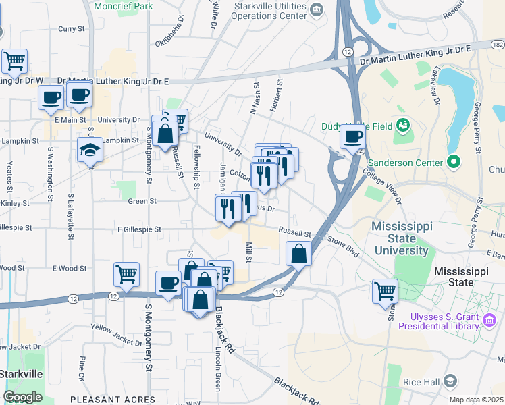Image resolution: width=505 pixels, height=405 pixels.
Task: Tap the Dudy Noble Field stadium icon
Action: click(x=404, y=124)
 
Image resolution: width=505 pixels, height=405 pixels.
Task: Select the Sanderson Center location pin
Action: click(x=454, y=162)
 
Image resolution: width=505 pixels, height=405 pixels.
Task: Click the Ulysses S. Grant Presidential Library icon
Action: click(x=490, y=321)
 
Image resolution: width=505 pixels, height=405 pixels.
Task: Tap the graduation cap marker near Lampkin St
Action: click(x=89, y=151)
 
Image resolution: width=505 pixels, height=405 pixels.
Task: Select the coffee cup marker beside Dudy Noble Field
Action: click(x=351, y=137)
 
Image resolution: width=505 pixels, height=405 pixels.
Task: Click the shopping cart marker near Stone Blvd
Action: click(x=385, y=291)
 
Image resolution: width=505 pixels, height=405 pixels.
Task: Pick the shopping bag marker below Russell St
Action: click(x=298, y=254)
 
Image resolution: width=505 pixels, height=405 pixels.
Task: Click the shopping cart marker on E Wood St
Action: click(x=126, y=274)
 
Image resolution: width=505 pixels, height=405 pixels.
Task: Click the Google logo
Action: click(x=23, y=397)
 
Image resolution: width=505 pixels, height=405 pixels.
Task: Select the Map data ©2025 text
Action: click(x=476, y=400)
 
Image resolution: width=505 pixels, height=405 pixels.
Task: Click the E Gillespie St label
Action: click(x=139, y=230)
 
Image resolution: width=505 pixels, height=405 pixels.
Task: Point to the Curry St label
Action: click(x=71, y=29)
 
